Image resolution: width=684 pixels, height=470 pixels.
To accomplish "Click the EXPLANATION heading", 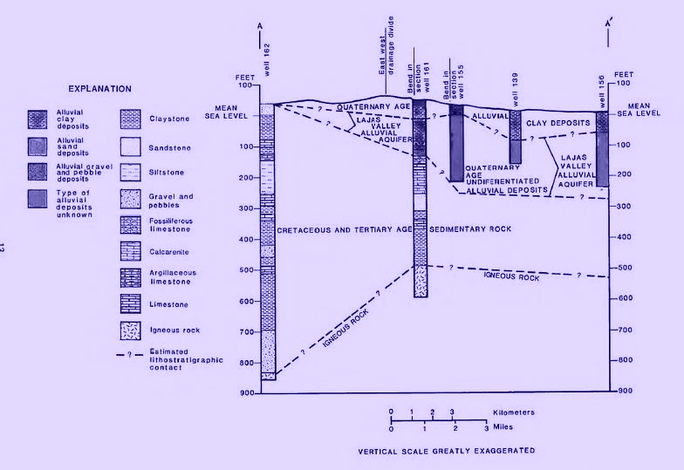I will click(x=101, y=88).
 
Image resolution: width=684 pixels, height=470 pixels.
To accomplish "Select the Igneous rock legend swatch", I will click(x=128, y=330).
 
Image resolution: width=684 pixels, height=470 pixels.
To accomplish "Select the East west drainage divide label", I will click(x=386, y=52).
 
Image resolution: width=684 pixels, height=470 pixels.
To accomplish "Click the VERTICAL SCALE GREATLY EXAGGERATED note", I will click(x=445, y=452).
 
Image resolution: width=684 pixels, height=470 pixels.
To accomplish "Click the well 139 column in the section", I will click(x=516, y=136).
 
